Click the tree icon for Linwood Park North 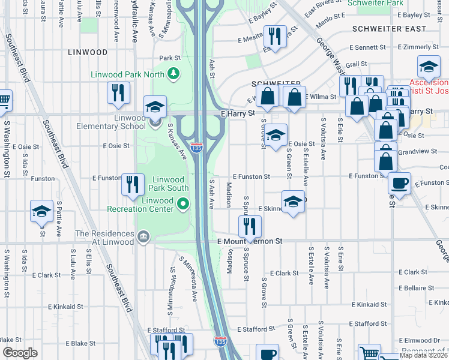[173, 74]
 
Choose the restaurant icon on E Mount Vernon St [249, 227]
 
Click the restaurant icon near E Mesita [274, 37]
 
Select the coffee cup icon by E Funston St [399, 183]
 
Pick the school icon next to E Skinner [292, 202]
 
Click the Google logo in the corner [19, 352]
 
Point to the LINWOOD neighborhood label [88, 52]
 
